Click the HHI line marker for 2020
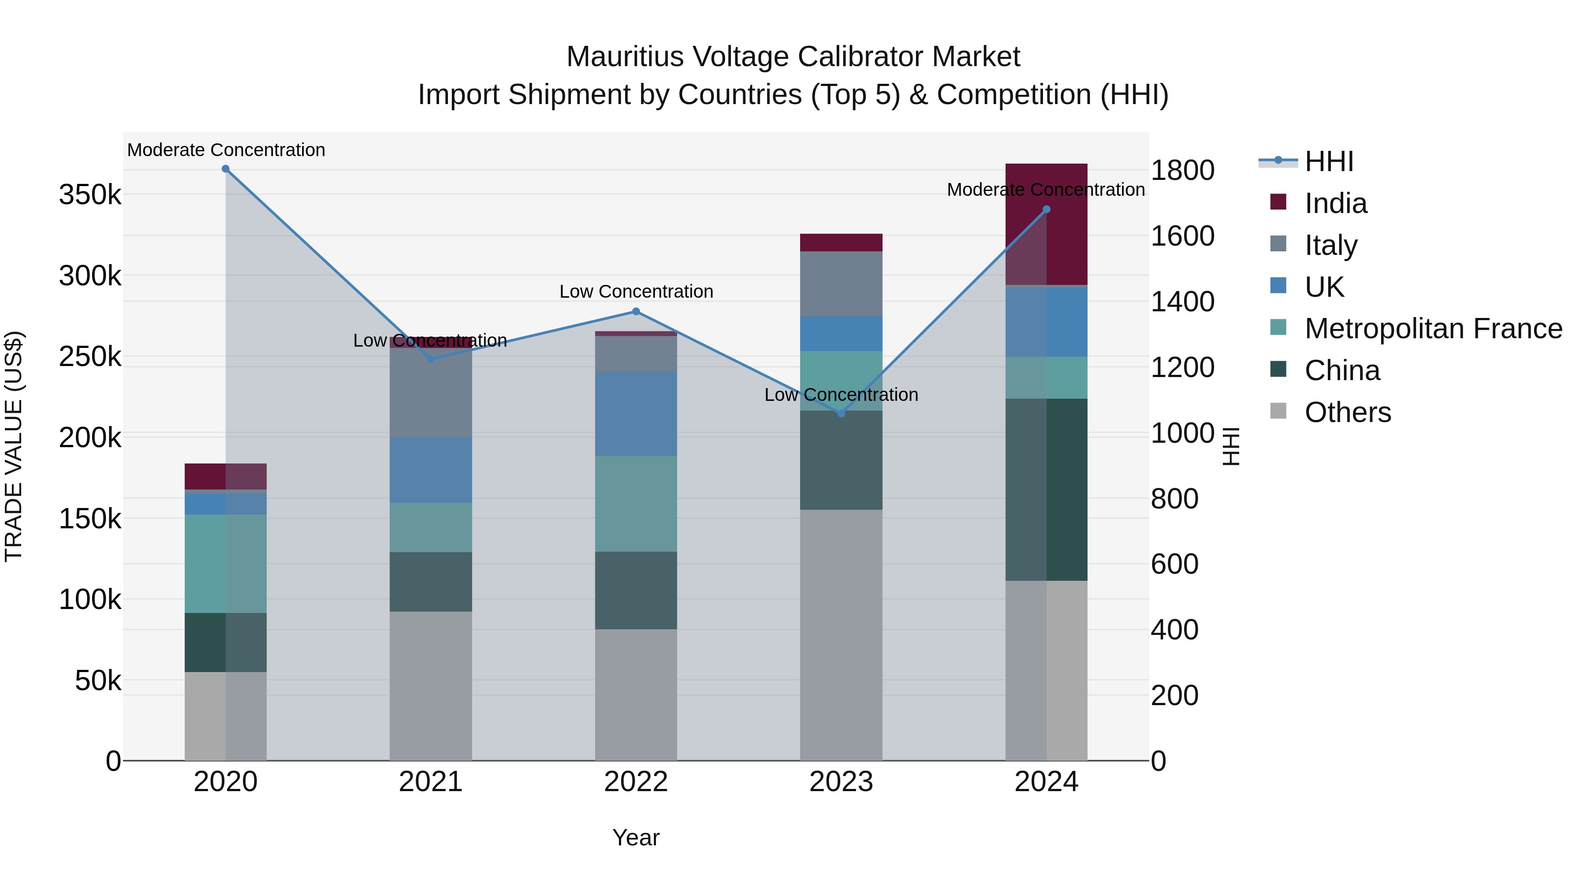(x=225, y=169)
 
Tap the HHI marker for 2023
(x=842, y=414)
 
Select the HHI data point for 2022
(x=637, y=312)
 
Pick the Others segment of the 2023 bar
(x=842, y=635)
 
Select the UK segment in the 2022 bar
(x=637, y=414)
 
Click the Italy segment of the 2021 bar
(x=431, y=392)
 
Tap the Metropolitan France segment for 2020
(x=225, y=564)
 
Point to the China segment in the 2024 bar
(x=1047, y=489)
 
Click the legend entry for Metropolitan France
(x=1433, y=329)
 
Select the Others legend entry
(x=1347, y=412)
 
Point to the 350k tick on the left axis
(x=90, y=195)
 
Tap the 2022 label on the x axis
(x=637, y=782)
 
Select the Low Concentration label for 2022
(x=637, y=291)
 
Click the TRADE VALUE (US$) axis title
(x=14, y=446)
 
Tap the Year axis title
(x=636, y=837)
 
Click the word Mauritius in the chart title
(x=625, y=57)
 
